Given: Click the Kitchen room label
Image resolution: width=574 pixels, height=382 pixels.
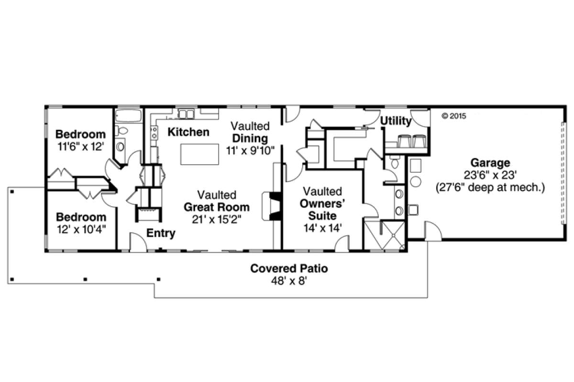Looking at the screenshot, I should (188, 132).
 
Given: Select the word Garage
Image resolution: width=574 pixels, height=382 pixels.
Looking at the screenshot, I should (490, 163).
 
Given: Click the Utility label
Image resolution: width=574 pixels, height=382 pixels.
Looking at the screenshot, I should (396, 121).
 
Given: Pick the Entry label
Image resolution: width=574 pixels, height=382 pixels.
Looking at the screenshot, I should (160, 233).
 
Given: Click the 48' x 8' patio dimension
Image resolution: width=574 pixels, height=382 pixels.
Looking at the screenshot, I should (289, 281).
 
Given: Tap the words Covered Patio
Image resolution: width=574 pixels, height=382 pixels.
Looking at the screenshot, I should (289, 268).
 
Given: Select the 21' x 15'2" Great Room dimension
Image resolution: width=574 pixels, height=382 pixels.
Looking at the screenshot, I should (217, 220).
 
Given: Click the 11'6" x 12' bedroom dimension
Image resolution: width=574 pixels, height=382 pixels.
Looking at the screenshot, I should (80, 147).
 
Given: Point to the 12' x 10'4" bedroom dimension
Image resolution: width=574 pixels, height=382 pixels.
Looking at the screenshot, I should (80, 229).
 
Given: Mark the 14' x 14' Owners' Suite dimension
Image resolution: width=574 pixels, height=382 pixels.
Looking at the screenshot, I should (322, 228).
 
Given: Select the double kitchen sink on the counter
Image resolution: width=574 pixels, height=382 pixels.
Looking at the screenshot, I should (185, 114).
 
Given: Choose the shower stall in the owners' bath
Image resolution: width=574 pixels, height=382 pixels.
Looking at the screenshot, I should (392, 235).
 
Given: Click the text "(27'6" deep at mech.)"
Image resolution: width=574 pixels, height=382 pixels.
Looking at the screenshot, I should (490, 188).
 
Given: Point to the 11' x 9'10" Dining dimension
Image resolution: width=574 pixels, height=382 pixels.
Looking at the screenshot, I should (250, 150).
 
